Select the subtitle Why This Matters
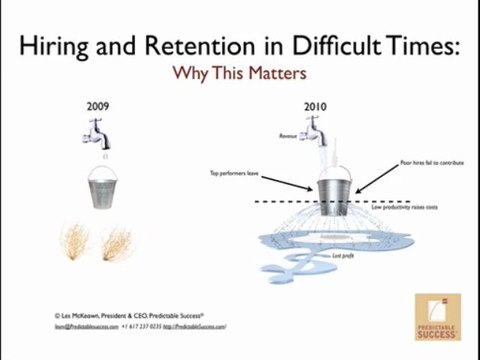pos(239,73)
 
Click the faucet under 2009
pos(104,131)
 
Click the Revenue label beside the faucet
pos(287,132)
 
